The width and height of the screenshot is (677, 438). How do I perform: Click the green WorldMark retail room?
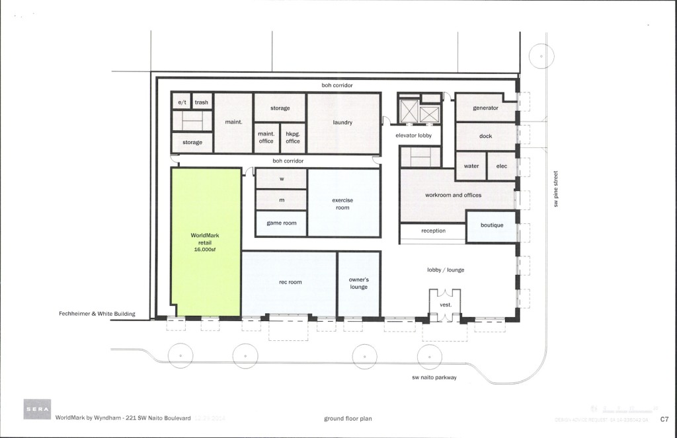pos(206,241)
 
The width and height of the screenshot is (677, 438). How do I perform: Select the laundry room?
pos(342,123)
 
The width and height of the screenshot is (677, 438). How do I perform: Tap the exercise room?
pos(342,203)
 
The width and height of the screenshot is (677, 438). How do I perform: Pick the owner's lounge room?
pos(358,283)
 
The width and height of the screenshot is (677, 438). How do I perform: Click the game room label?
pos(281,223)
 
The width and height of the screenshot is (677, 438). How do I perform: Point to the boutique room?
pos(491,225)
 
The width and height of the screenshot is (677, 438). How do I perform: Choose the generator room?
pos(485,108)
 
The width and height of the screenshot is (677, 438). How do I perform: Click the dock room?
pos(485,136)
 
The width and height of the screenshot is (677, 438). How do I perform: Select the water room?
pos(471,166)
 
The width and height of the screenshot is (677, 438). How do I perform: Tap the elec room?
pos(501,166)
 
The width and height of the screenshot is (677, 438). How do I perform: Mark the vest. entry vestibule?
pos(445,305)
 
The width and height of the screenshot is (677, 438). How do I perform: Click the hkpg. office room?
pos(293,137)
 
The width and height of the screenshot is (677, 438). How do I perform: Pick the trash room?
pos(202,102)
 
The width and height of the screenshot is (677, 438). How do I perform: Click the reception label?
pos(433,231)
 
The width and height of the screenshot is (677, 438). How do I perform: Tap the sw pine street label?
pos(557,189)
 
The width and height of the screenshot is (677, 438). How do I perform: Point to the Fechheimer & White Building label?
pos(97,314)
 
